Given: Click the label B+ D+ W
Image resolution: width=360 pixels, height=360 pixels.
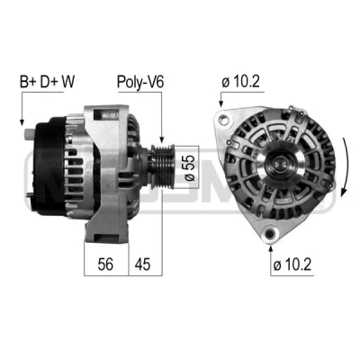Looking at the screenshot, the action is click(x=47, y=82).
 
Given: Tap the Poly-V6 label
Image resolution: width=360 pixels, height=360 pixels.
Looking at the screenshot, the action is click(x=140, y=82).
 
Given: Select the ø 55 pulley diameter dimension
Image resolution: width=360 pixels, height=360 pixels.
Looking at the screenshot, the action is click(x=190, y=167).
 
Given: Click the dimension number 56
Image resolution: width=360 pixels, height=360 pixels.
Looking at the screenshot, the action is click(x=105, y=264).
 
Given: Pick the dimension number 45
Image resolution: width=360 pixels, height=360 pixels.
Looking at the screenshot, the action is click(x=142, y=264).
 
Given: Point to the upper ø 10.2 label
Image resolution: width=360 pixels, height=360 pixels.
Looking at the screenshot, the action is click(x=240, y=82).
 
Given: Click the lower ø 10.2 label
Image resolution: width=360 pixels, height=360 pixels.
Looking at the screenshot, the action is click(x=292, y=265).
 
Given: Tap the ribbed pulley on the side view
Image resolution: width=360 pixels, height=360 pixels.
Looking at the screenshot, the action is click(x=162, y=166).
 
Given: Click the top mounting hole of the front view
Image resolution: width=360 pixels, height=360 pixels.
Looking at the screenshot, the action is click(x=223, y=120).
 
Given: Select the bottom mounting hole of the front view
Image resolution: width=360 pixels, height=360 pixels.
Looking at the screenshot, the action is click(x=271, y=233).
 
